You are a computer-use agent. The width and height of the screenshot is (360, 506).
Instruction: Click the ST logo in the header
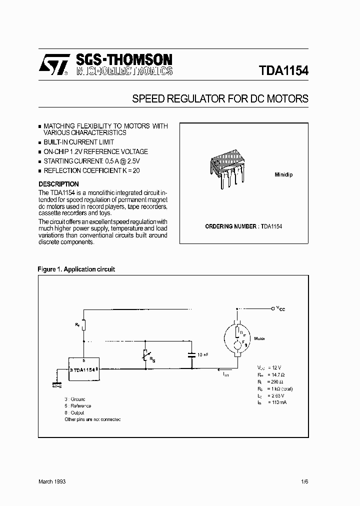click(x=55, y=64)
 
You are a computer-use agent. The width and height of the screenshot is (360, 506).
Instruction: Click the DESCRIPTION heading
click(x=58, y=184)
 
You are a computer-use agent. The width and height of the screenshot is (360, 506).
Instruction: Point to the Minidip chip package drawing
click(x=228, y=167)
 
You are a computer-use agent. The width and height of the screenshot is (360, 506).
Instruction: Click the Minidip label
click(x=284, y=175)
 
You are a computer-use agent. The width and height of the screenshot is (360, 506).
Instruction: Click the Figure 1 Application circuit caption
click(x=76, y=269)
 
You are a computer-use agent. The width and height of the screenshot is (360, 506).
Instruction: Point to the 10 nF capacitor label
click(x=203, y=355)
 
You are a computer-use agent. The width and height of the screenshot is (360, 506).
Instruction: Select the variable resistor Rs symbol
click(x=146, y=356)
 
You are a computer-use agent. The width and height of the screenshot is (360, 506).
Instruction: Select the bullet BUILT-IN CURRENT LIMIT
click(x=78, y=142)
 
